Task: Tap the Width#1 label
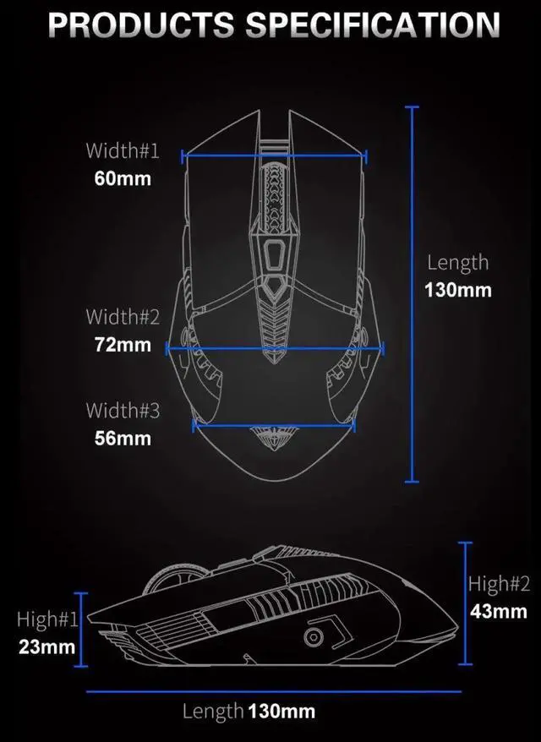pyautogui.click(x=122, y=151)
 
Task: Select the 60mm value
pyautogui.click(x=122, y=178)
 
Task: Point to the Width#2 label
pyautogui.click(x=122, y=317)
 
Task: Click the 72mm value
pyautogui.click(x=122, y=345)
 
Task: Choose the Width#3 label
pyautogui.click(x=122, y=411)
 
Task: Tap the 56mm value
pyautogui.click(x=122, y=438)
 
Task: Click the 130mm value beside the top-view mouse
pyautogui.click(x=457, y=290)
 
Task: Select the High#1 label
pyautogui.click(x=47, y=619)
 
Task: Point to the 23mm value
pyautogui.click(x=47, y=647)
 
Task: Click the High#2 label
pyautogui.click(x=499, y=583)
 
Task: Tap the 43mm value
pyautogui.click(x=499, y=610)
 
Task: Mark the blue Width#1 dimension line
pyautogui.click(x=275, y=155)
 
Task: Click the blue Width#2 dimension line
pyautogui.click(x=275, y=347)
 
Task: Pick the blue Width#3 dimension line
pyautogui.click(x=275, y=425)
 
